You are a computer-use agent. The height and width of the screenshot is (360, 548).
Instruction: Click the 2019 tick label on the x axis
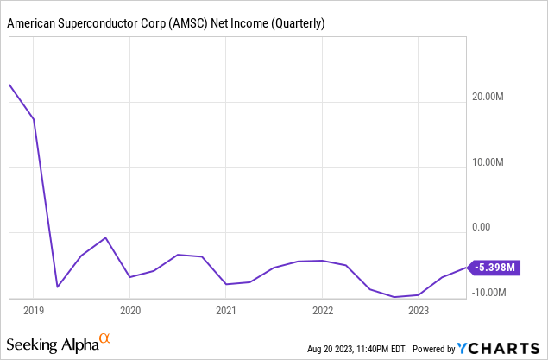33,310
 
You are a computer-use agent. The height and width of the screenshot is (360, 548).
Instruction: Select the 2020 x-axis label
129,310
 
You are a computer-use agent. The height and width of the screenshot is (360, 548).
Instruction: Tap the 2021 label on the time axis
225,310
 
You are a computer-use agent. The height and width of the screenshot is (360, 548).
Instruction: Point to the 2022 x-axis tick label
322,310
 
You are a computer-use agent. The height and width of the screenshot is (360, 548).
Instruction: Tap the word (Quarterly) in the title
296,23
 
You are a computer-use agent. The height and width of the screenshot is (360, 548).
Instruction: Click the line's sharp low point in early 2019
57,287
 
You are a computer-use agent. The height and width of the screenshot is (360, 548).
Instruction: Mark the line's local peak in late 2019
105,237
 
